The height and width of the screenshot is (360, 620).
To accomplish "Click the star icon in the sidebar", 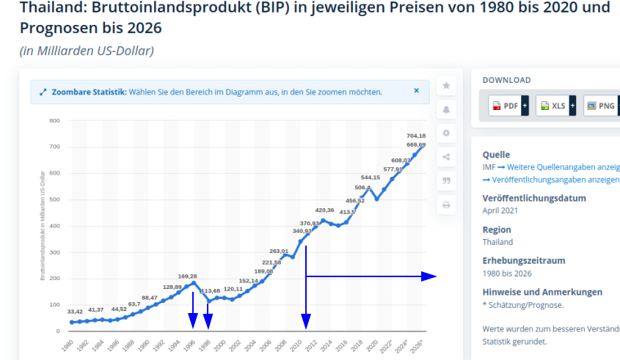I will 446,86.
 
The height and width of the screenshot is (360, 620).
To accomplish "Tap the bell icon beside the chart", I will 446,110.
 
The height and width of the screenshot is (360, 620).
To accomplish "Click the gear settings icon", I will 446,133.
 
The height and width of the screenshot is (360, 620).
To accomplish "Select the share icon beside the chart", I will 446,156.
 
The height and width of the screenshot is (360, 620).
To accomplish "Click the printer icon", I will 446,205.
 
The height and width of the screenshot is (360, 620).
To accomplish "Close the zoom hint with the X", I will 416,92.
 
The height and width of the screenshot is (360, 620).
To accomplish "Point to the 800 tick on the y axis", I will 54,120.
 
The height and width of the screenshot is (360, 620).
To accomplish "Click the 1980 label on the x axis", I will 68,345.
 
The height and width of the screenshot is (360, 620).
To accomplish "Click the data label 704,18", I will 416,136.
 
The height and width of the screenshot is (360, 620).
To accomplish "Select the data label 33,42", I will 73,312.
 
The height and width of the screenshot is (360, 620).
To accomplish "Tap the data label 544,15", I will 371,177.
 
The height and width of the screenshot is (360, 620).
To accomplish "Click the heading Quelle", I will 496,155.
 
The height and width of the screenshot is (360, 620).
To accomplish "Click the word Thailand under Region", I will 497,242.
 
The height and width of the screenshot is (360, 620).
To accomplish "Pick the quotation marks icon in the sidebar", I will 446,180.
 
